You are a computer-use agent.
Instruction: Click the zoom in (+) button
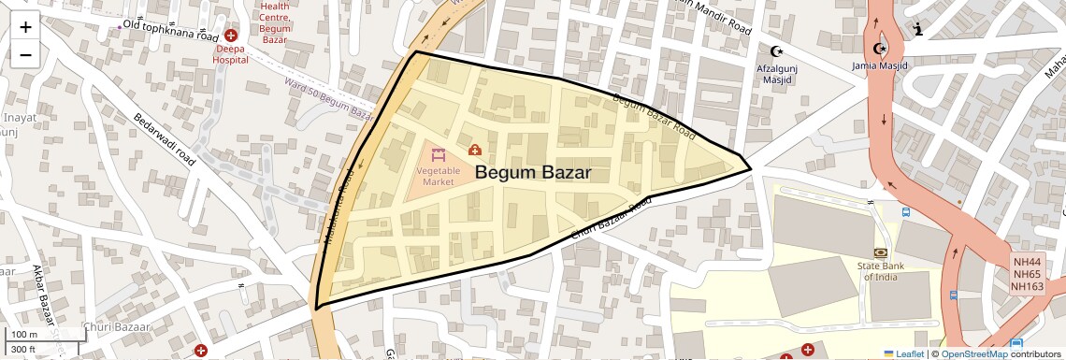(25, 27)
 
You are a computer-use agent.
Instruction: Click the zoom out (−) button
(25, 54)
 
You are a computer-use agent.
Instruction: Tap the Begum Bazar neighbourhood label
(533, 173)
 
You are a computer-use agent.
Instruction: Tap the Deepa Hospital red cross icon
(230, 35)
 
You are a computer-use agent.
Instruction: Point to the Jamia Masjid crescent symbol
(879, 49)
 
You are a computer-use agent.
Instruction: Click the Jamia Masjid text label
(879, 65)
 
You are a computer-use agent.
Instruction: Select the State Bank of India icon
(880, 253)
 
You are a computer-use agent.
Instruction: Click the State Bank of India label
(883, 271)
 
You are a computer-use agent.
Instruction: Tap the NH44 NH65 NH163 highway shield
(1027, 273)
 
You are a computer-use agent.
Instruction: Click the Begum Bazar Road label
(655, 117)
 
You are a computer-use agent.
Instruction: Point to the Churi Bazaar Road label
(610, 218)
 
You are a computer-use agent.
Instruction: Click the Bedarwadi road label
(166, 141)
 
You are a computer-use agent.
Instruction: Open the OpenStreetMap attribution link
(973, 353)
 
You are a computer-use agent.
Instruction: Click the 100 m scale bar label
(24, 335)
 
